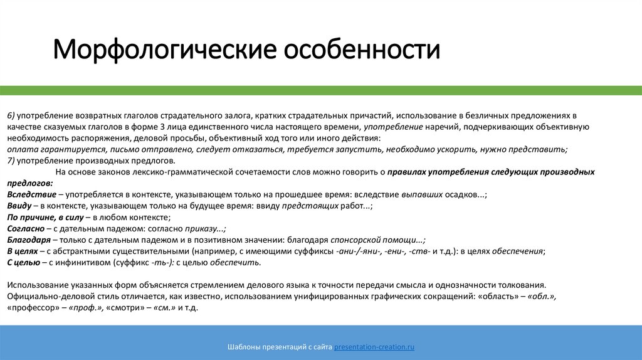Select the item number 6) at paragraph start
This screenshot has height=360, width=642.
(x=11, y=115)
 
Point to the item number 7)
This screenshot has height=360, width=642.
(x=11, y=161)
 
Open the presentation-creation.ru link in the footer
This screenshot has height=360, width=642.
(x=374, y=347)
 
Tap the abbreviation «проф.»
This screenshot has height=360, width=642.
(x=87, y=309)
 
